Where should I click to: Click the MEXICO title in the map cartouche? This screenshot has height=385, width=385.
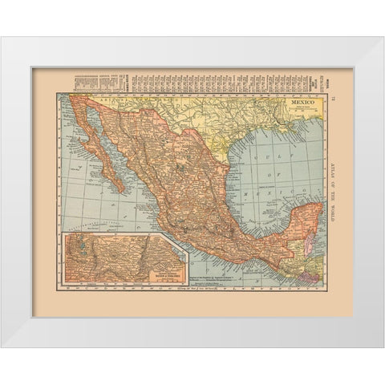point(298,103)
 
